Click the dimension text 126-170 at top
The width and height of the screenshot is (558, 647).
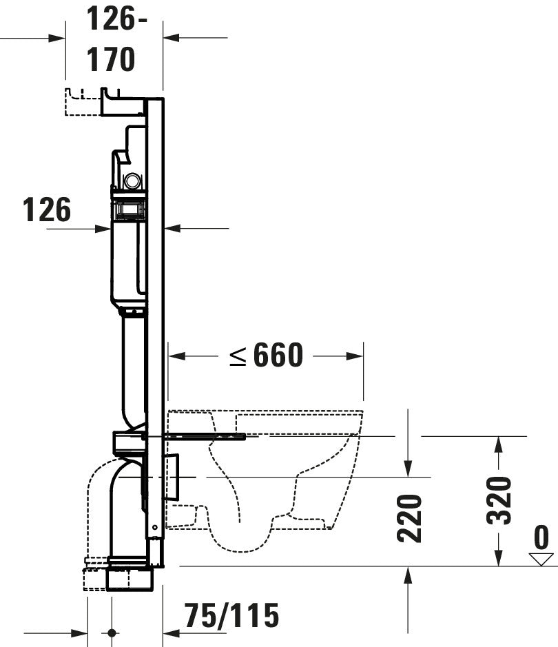114,40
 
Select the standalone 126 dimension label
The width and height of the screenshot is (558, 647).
46,210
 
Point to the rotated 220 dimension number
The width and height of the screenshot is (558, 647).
409,518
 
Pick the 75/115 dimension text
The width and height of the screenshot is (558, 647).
231,615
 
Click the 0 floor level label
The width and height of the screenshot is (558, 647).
542,537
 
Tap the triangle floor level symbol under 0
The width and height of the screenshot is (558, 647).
541,559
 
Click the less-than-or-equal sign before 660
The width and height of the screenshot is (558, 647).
238,356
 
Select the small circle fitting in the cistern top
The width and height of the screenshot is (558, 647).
132,181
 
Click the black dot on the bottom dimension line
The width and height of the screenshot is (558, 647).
112,633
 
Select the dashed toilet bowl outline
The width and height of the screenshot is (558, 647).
276,475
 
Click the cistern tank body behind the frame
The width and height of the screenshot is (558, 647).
127,262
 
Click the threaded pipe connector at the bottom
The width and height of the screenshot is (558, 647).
130,577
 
